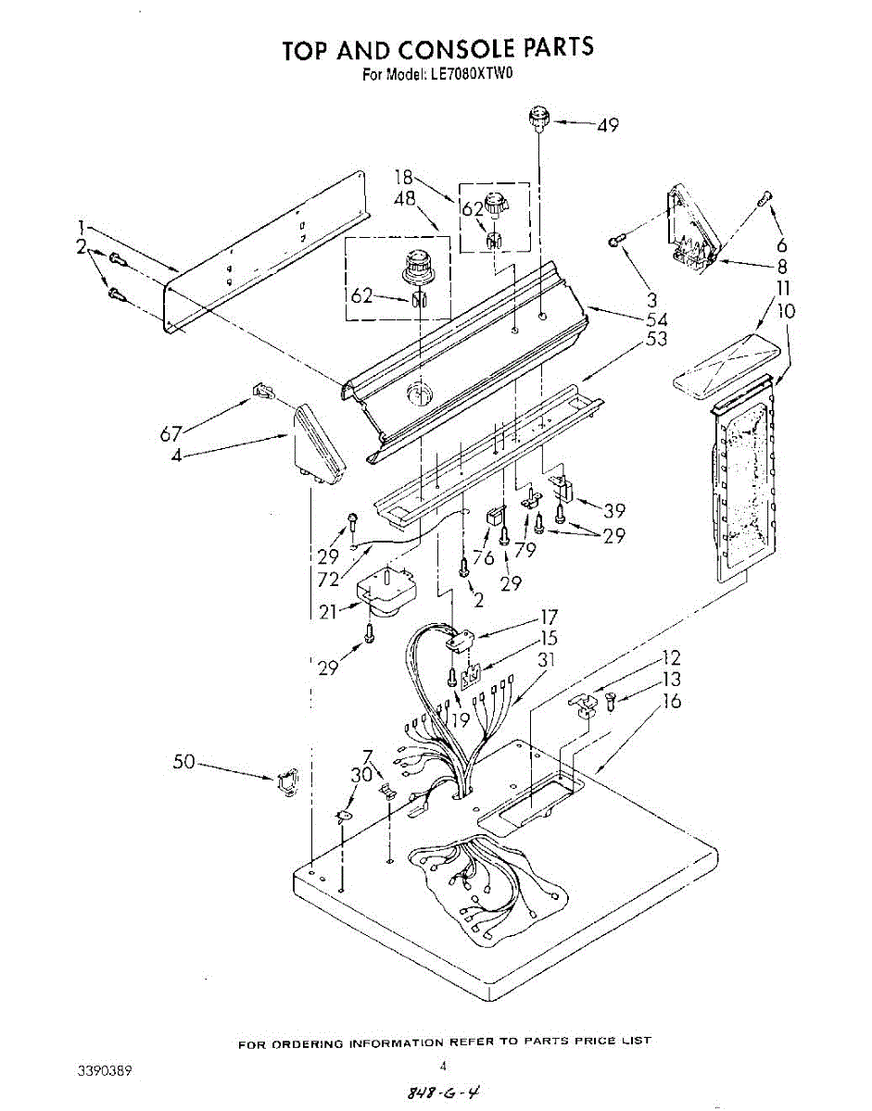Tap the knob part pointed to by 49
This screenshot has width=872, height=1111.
(538, 119)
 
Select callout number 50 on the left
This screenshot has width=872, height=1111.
(185, 761)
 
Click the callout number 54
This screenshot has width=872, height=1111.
(656, 319)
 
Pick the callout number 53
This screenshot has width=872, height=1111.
(656, 339)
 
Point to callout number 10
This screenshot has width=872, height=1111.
(785, 311)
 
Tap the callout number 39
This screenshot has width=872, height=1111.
(613, 511)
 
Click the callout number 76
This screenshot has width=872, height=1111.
(483, 558)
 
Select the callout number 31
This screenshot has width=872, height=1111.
(547, 659)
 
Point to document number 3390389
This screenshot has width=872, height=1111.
(101, 1070)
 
